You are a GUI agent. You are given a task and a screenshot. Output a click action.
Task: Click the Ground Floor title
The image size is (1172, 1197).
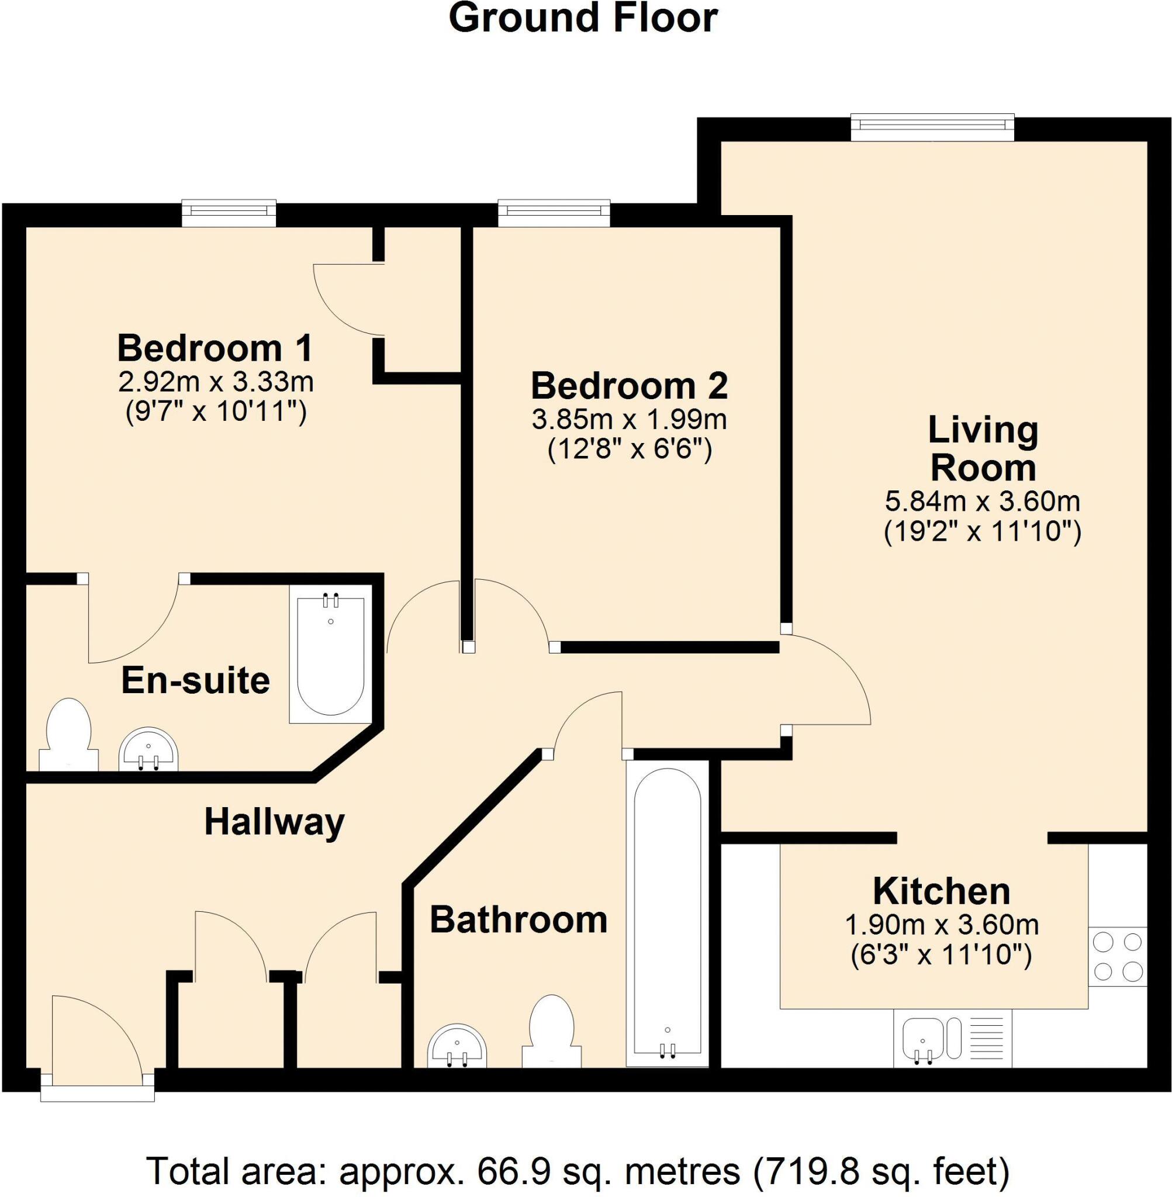click(x=583, y=19)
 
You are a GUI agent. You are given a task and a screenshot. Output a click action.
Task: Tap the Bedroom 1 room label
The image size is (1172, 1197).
click(x=215, y=348)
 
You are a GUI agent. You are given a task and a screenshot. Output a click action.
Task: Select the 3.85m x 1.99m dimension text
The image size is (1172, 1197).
click(x=629, y=420)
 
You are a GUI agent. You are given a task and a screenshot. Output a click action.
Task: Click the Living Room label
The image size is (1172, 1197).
click(x=983, y=449)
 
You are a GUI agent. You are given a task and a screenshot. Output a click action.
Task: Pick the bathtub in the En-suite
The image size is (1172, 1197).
click(x=330, y=654)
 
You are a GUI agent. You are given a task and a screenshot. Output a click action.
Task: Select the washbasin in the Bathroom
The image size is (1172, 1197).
click(x=457, y=1046)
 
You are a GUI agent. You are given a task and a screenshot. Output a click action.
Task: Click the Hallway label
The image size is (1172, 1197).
click(x=274, y=822)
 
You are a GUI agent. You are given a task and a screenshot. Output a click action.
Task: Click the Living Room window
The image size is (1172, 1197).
click(x=932, y=127)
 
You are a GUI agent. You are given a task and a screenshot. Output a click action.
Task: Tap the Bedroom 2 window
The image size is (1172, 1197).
click(x=554, y=212)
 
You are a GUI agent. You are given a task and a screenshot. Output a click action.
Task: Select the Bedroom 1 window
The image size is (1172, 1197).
click(x=229, y=212)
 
